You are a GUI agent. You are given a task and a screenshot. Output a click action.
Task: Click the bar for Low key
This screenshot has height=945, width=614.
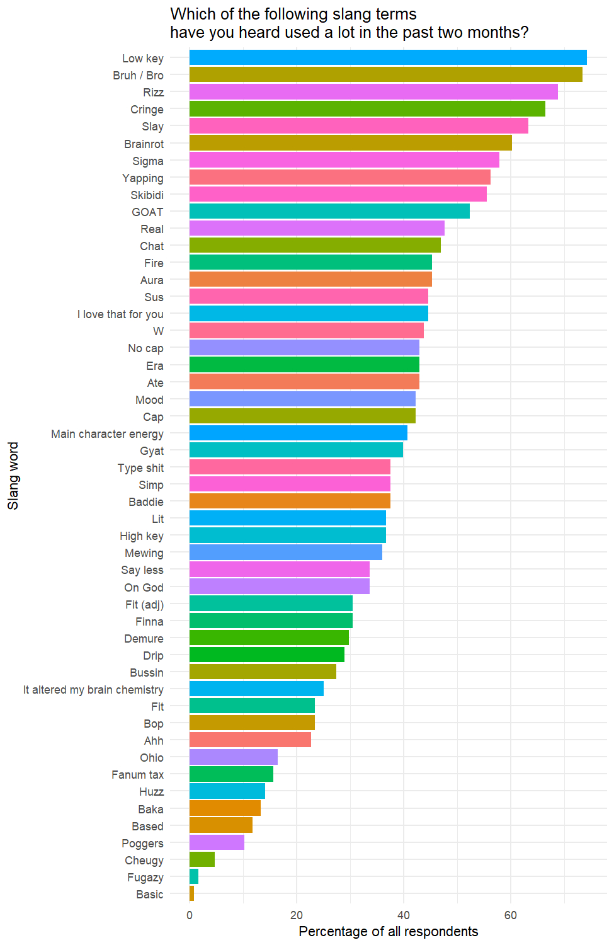pyautogui.click(x=387, y=58)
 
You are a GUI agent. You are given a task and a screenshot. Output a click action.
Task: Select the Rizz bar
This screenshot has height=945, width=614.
pyautogui.click(x=373, y=92)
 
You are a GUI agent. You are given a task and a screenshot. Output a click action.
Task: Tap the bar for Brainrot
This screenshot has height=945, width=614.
pyautogui.click(x=350, y=143)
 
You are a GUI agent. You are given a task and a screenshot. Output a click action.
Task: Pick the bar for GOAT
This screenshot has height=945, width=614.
pyautogui.click(x=329, y=211)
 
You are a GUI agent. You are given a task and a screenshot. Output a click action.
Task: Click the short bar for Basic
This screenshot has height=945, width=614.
pyautogui.click(x=191, y=894)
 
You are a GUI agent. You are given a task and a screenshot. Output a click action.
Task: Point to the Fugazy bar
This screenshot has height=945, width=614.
pyautogui.click(x=194, y=877)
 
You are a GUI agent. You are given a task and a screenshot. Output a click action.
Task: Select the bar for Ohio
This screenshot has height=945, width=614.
pyautogui.click(x=233, y=757)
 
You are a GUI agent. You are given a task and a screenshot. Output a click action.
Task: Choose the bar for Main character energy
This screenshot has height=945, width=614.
pyautogui.click(x=298, y=433)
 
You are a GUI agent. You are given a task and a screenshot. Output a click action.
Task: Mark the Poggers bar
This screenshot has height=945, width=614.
pyautogui.click(x=217, y=843)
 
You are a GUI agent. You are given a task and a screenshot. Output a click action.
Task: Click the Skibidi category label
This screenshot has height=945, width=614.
pyautogui.click(x=147, y=195)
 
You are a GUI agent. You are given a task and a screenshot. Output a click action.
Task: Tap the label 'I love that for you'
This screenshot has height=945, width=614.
pyautogui.click(x=120, y=314)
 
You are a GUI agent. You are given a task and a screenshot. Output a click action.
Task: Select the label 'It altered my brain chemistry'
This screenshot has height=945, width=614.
pyautogui.click(x=93, y=690)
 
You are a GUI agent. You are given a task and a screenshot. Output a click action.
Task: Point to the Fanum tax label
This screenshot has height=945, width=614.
pyautogui.click(x=137, y=775)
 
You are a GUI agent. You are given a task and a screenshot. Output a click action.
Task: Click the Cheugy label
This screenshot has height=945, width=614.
pyautogui.click(x=144, y=861)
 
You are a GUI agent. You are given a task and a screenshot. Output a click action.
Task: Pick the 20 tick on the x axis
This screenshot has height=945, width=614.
pyautogui.click(x=297, y=915)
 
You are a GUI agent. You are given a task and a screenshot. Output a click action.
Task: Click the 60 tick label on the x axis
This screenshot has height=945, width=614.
pyautogui.click(x=511, y=915)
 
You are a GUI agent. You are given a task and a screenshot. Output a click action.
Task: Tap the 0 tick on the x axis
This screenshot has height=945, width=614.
pyautogui.click(x=190, y=915)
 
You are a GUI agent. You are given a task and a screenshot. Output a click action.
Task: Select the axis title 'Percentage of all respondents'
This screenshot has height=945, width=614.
pyautogui.click(x=388, y=932)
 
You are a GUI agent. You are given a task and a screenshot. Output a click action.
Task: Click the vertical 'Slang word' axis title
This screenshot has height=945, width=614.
pyautogui.click(x=13, y=476)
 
